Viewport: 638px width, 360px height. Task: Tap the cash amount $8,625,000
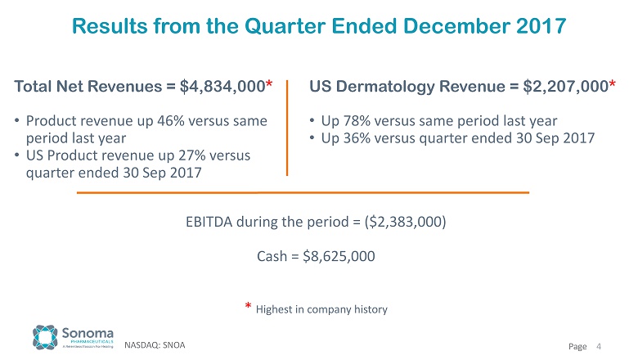(339, 256)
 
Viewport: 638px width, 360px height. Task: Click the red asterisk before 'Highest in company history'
(249, 307)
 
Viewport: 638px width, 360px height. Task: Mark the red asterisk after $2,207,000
(613, 83)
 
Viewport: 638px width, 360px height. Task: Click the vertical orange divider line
(287, 127)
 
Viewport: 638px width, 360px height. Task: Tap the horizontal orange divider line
(303, 193)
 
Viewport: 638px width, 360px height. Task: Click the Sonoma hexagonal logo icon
(45, 337)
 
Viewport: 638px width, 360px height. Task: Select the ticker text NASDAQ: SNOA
(155, 345)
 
